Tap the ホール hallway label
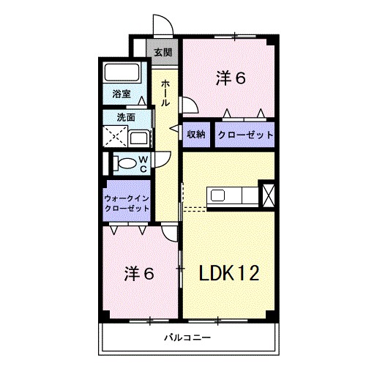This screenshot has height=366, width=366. click(x=165, y=93)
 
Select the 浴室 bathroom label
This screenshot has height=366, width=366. click(x=122, y=94)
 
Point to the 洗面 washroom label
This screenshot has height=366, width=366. click(x=126, y=116)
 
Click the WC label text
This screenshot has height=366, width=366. click(x=143, y=163)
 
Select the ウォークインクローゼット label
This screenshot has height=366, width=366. click(x=127, y=203)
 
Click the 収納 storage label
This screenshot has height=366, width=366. click(x=195, y=135)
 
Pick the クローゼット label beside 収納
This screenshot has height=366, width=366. click(x=244, y=135)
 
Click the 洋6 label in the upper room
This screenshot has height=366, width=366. click(x=230, y=78)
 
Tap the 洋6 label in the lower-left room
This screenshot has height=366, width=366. click(x=139, y=273)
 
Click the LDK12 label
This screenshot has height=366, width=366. click(x=229, y=273)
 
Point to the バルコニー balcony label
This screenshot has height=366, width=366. click(x=187, y=338)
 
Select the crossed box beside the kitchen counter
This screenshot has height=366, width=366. click(x=267, y=195)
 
